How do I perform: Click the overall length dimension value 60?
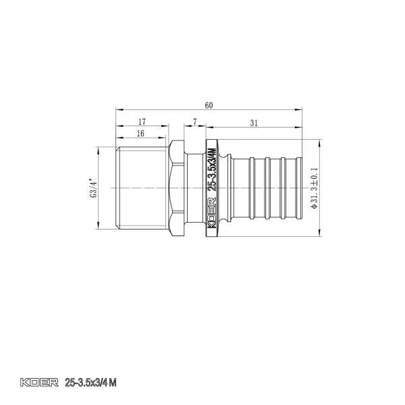[x=209, y=105]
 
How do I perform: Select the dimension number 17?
[x=141, y=122]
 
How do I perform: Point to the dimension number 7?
[x=194, y=122]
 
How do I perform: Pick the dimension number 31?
[x=254, y=122]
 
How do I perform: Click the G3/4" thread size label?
[x=92, y=187]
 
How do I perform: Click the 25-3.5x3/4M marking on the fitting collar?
[x=211, y=171]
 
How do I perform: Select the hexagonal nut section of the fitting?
[x=177, y=187]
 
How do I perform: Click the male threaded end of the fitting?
[x=142, y=187]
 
